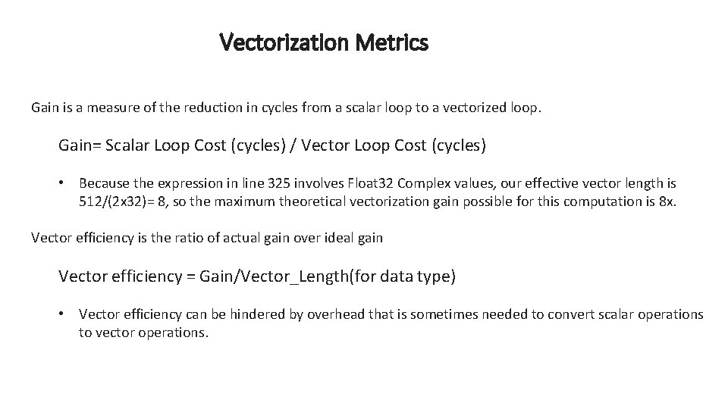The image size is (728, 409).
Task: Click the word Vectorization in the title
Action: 275,42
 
